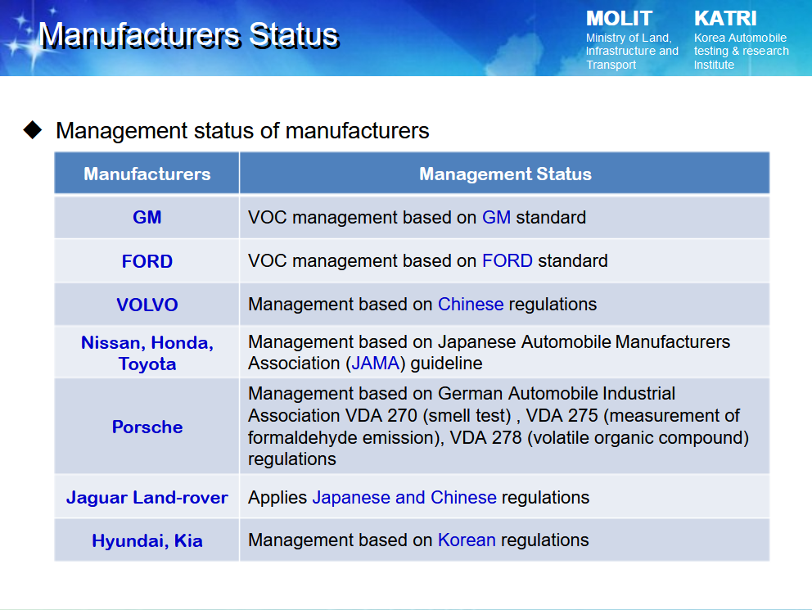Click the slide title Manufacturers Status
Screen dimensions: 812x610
pyautogui.click(x=189, y=35)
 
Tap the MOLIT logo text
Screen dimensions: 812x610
pyautogui.click(x=619, y=19)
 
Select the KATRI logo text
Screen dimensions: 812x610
pyautogui.click(x=725, y=19)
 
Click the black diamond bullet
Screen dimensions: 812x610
pyautogui.click(x=33, y=129)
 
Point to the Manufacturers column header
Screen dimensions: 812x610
pyautogui.click(x=147, y=174)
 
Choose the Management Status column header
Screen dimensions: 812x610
pyautogui.click(x=505, y=174)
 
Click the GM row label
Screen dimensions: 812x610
pyautogui.click(x=147, y=218)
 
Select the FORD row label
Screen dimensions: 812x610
pyautogui.click(x=147, y=261)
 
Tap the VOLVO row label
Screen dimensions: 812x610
pyautogui.click(x=147, y=305)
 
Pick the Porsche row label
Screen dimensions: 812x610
pyautogui.click(x=147, y=427)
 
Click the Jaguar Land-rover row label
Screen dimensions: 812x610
pyautogui.click(x=147, y=498)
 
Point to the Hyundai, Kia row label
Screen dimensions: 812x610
pyautogui.click(x=147, y=541)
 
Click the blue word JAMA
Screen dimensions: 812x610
pyautogui.click(x=376, y=364)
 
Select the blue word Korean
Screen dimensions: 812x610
pyautogui.click(x=467, y=540)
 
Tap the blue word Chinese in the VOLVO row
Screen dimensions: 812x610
pyautogui.click(x=471, y=304)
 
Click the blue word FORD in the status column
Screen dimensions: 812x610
pyautogui.click(x=507, y=260)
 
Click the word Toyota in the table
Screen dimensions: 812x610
pyautogui.click(x=147, y=364)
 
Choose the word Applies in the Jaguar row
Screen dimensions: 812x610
pyautogui.click(x=277, y=498)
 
